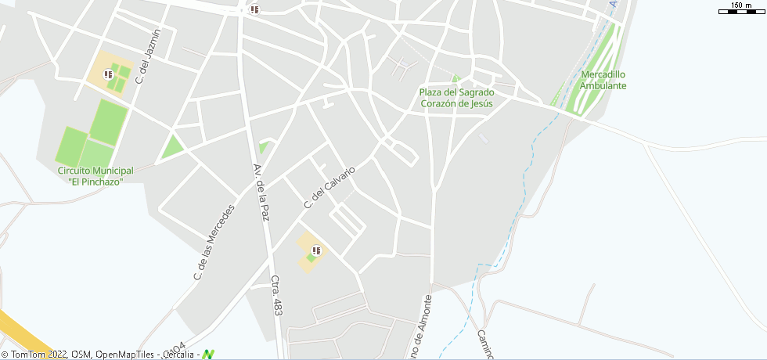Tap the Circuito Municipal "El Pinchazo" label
point(95,176)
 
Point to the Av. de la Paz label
point(261,193)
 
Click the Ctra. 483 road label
point(276,295)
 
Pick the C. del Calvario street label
point(329,187)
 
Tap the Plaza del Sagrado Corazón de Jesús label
point(457,98)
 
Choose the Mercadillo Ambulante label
point(603,80)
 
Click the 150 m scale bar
point(740,9)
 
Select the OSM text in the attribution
point(80,355)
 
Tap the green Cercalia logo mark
point(208,355)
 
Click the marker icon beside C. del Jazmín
point(108,74)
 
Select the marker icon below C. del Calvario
point(316,250)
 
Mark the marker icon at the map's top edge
point(254,9)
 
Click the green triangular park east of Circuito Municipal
point(171,146)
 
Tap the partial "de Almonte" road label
point(419,329)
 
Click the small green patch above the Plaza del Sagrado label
point(456,77)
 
